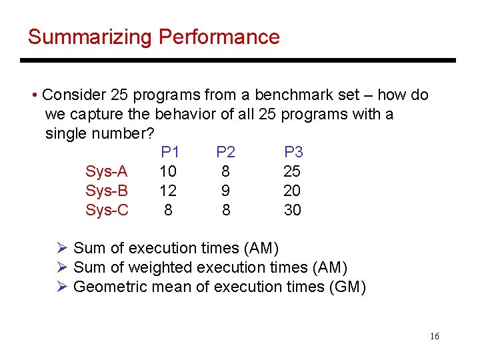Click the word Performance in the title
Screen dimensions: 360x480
(x=219, y=37)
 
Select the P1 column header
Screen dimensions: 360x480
(x=171, y=153)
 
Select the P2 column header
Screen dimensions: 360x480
(x=225, y=153)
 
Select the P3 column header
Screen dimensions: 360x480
(x=293, y=153)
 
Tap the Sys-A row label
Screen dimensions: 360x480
(x=107, y=172)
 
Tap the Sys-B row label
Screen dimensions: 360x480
(x=107, y=191)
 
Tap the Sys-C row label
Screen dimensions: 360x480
(x=107, y=211)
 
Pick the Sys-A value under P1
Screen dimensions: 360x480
(x=168, y=172)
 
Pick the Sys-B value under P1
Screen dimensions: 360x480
(x=168, y=191)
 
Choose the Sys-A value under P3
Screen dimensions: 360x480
(x=292, y=172)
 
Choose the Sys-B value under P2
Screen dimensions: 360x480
(x=226, y=191)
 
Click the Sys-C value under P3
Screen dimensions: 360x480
(x=292, y=211)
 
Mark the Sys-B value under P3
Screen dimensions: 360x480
(x=292, y=191)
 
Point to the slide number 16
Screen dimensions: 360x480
(x=434, y=337)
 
